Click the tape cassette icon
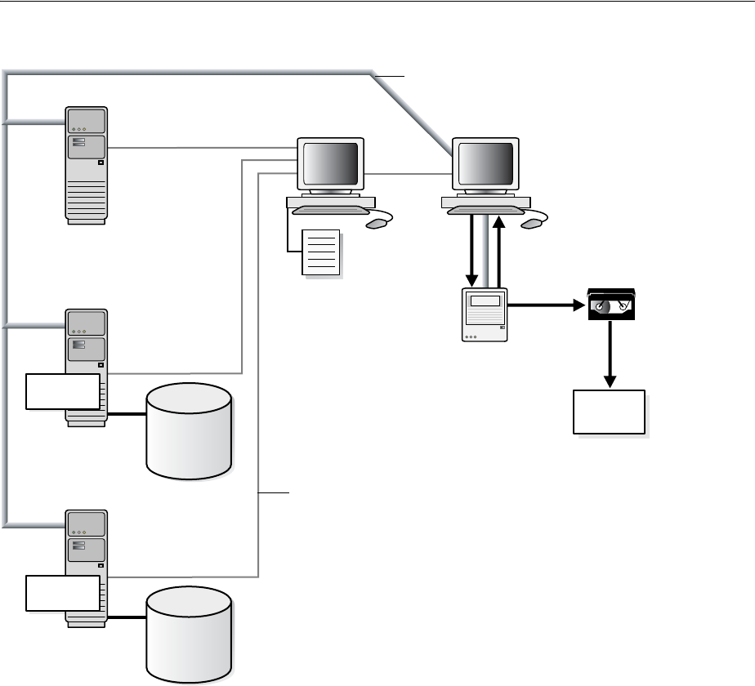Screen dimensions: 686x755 click(611, 304)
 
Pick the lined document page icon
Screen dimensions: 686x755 click(320, 253)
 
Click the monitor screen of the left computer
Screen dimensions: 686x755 click(330, 163)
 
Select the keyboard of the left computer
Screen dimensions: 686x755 click(328, 210)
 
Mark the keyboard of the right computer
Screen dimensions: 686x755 click(484, 210)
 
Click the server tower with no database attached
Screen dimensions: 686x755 click(87, 163)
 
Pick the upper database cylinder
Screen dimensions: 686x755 click(189, 431)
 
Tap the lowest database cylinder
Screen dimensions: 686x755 click(189, 635)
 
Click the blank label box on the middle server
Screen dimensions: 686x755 click(63, 391)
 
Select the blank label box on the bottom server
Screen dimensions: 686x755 click(63, 593)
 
